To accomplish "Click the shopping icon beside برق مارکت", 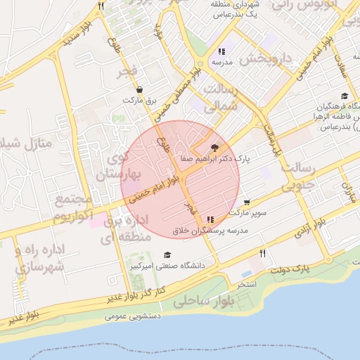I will click(140, 89).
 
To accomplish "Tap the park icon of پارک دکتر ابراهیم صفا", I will click(214, 148).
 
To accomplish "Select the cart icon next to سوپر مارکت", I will click(246, 202).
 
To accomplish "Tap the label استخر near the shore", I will click(247, 285).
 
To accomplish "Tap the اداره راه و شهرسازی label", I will click(39, 258).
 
